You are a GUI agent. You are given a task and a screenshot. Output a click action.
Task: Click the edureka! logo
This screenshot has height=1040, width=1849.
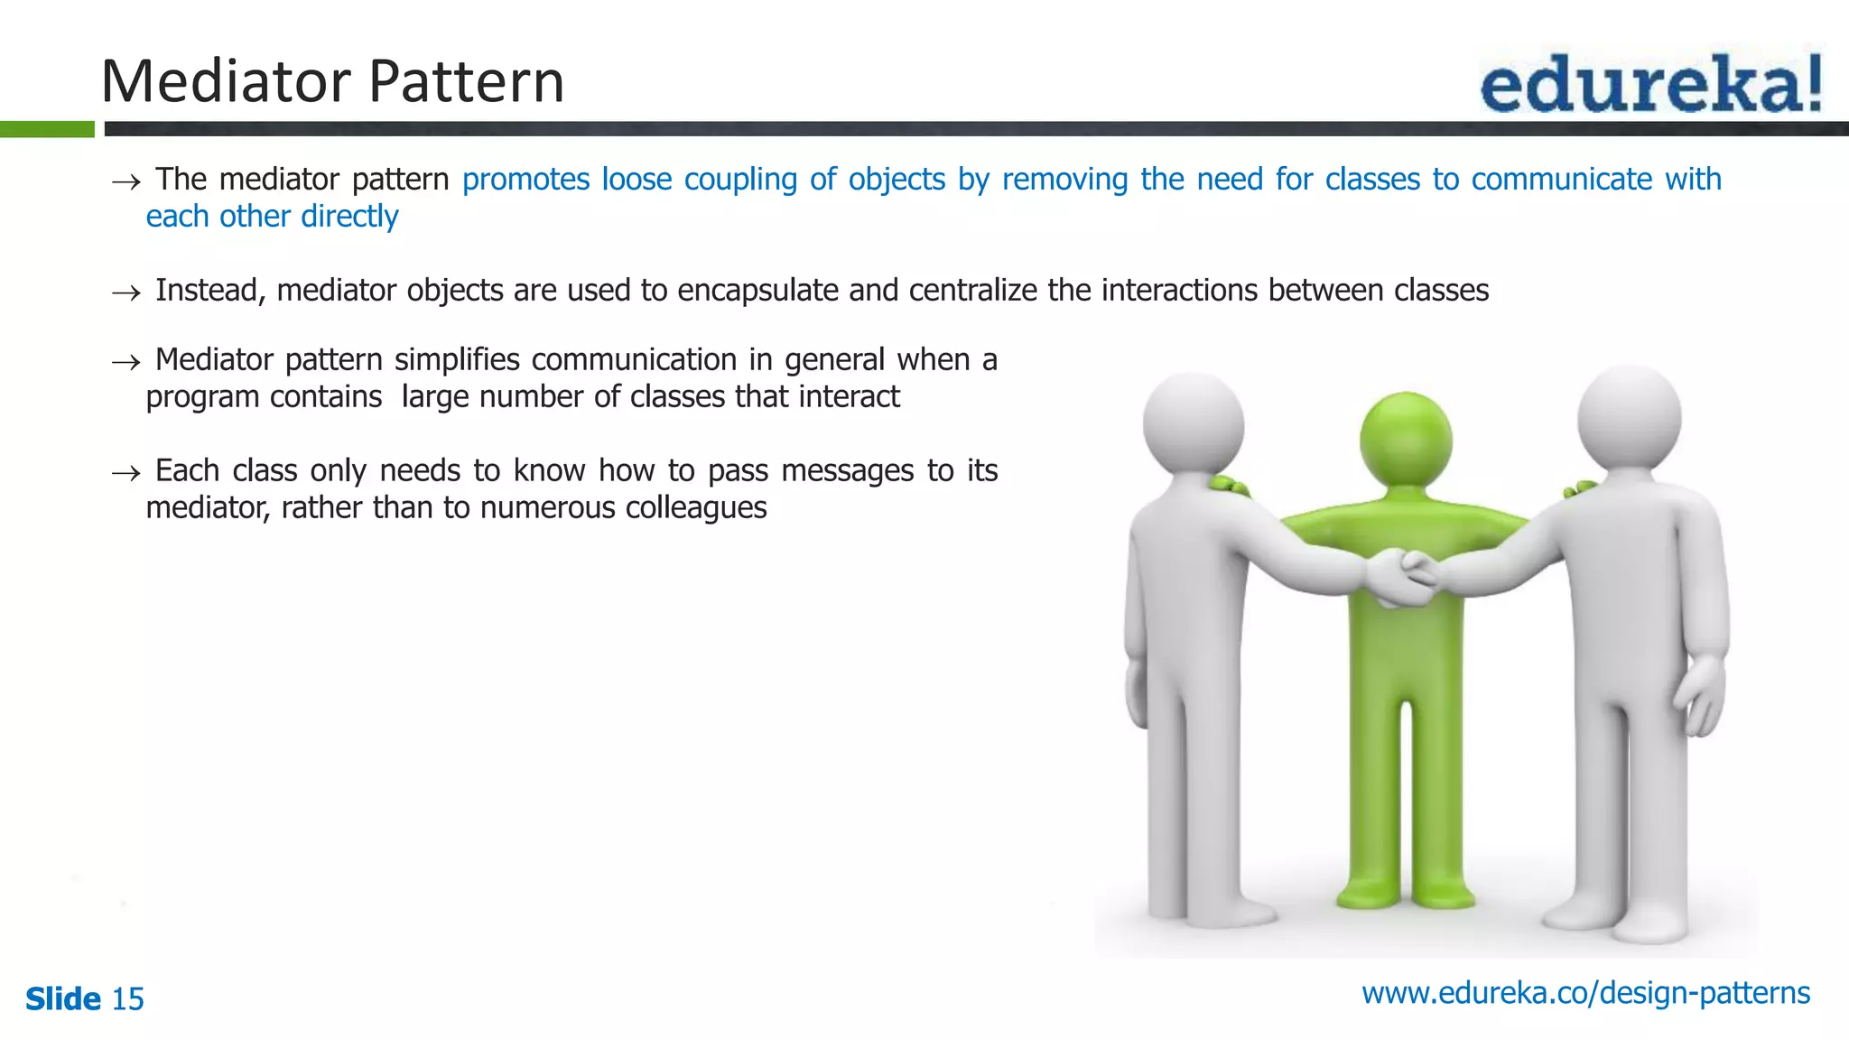[x=1650, y=83]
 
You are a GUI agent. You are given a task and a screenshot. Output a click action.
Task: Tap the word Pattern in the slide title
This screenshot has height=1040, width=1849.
[x=467, y=81]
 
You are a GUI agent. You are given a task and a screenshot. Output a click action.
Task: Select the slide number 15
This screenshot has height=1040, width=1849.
[x=127, y=999]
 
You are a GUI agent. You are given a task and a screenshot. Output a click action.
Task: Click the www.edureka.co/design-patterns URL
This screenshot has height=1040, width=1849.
[x=1585, y=993]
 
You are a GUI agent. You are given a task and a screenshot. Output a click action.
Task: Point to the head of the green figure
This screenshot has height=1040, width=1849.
[x=1406, y=441]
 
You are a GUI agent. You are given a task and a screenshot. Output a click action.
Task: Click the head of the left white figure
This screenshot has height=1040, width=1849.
[x=1193, y=423]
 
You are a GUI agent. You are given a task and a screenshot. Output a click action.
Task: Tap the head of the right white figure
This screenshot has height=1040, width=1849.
[x=1629, y=418]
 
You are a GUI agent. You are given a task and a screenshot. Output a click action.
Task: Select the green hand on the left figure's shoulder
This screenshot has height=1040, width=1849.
[x=1229, y=487]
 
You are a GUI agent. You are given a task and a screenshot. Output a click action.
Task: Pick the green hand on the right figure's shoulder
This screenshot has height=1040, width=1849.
[x=1580, y=488]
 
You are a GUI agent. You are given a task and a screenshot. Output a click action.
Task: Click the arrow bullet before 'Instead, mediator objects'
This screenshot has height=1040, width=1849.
[x=125, y=292]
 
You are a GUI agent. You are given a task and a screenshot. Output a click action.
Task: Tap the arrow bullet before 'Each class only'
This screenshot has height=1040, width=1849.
[x=125, y=473]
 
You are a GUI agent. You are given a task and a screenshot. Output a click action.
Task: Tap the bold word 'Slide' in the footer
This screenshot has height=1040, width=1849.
[x=63, y=999]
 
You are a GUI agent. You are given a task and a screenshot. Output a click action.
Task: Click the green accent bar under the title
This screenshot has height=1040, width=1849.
[x=47, y=129]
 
